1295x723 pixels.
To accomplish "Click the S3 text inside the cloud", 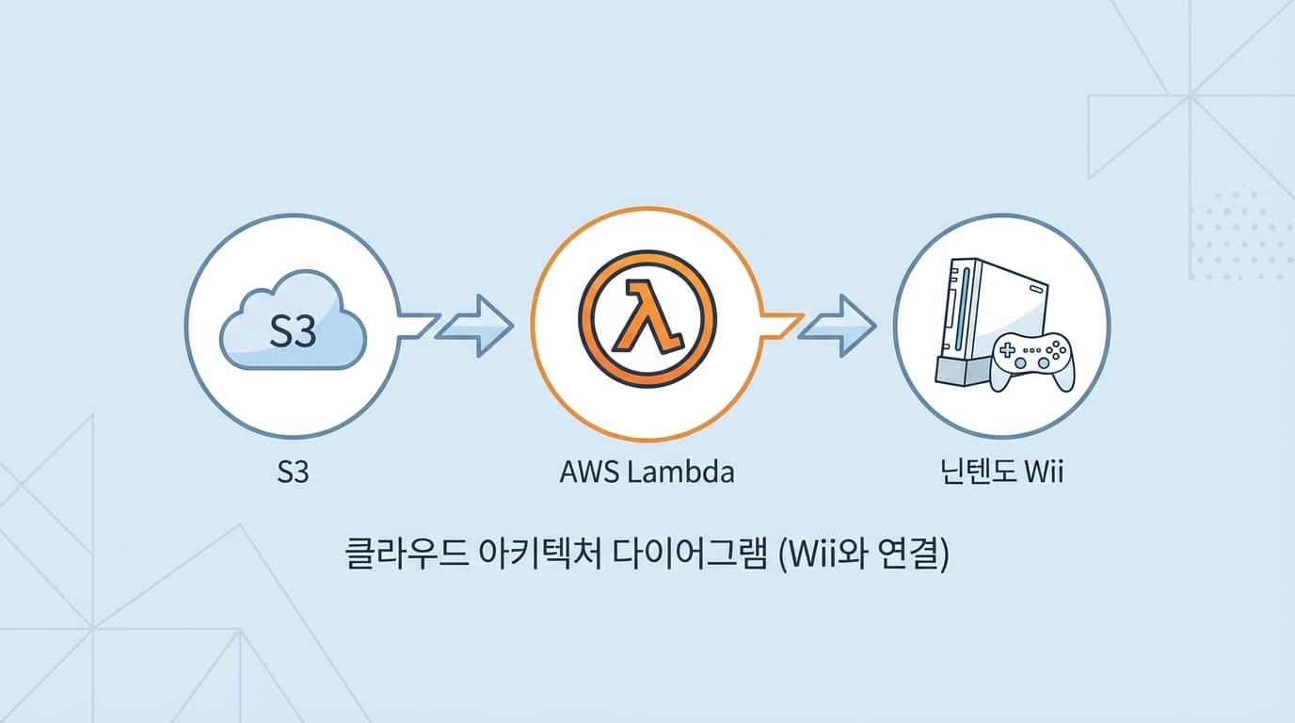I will tap(293, 332).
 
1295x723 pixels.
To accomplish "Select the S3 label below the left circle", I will tap(294, 472).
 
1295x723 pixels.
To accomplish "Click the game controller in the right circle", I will tap(1033, 358).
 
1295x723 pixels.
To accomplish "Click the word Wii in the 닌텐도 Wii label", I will tap(1042, 472).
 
